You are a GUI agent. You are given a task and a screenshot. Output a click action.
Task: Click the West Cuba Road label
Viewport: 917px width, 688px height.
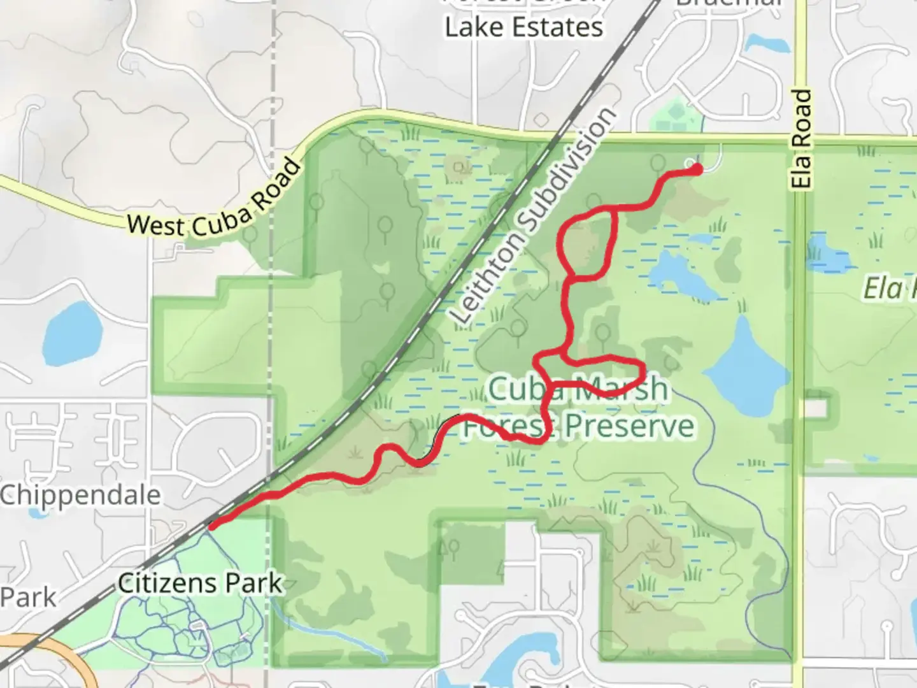point(213,199)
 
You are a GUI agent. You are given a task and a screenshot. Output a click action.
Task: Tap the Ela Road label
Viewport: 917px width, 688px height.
point(802,139)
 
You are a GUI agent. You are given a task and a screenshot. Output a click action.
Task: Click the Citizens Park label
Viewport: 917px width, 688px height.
point(201,583)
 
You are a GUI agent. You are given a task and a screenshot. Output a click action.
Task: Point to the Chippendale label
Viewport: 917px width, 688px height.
point(80,495)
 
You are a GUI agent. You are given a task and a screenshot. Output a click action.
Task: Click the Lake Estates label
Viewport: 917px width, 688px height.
point(523,27)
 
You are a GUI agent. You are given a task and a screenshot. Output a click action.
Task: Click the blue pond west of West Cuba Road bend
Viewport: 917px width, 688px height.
point(73,332)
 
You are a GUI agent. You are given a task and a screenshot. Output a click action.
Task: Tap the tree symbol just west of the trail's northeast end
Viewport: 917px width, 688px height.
point(658,162)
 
